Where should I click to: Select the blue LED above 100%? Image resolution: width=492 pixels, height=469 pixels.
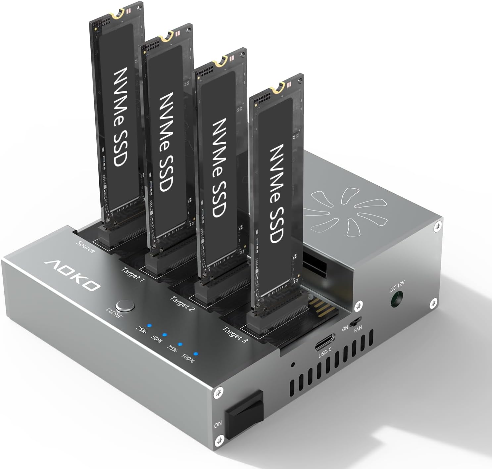point(196,354)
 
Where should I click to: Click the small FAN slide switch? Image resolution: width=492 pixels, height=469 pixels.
point(356,321)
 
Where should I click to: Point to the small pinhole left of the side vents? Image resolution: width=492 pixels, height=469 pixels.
point(292,365)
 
